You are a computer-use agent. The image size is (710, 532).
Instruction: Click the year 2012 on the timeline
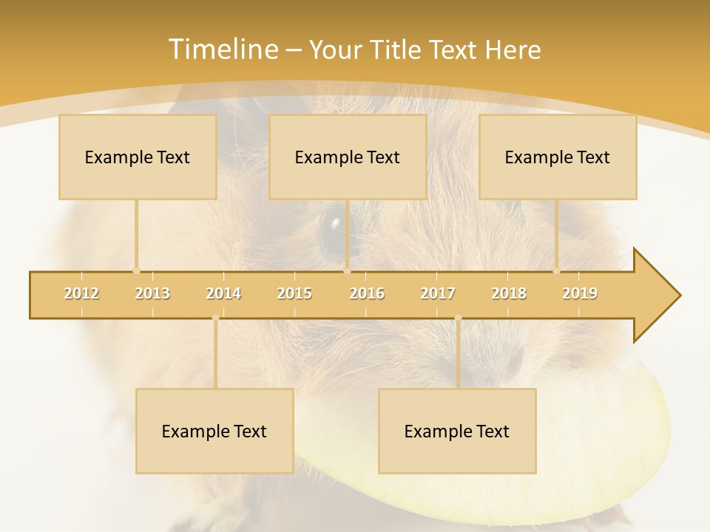(81, 293)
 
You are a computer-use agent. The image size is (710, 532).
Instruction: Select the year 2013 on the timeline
(152, 293)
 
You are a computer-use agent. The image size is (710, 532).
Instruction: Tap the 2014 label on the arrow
(223, 293)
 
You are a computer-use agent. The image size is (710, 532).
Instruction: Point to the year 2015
(294, 293)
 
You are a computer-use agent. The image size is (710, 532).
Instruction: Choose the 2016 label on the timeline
(367, 293)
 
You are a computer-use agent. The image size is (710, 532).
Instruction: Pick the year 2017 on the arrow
(438, 293)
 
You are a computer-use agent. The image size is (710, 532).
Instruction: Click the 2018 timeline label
(509, 293)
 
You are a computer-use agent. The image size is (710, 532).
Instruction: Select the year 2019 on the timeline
(580, 293)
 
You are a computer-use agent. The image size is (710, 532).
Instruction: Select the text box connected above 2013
(138, 157)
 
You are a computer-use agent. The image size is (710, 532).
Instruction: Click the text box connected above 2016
(348, 157)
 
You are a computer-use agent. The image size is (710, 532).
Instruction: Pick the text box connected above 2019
(558, 157)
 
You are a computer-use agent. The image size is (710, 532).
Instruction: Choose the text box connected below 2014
(214, 431)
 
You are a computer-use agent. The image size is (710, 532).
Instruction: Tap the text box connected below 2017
(457, 431)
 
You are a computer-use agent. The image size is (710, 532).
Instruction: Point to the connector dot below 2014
(215, 318)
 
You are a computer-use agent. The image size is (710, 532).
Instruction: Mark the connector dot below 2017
(458, 318)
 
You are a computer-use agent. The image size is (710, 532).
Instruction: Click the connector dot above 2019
(557, 270)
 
